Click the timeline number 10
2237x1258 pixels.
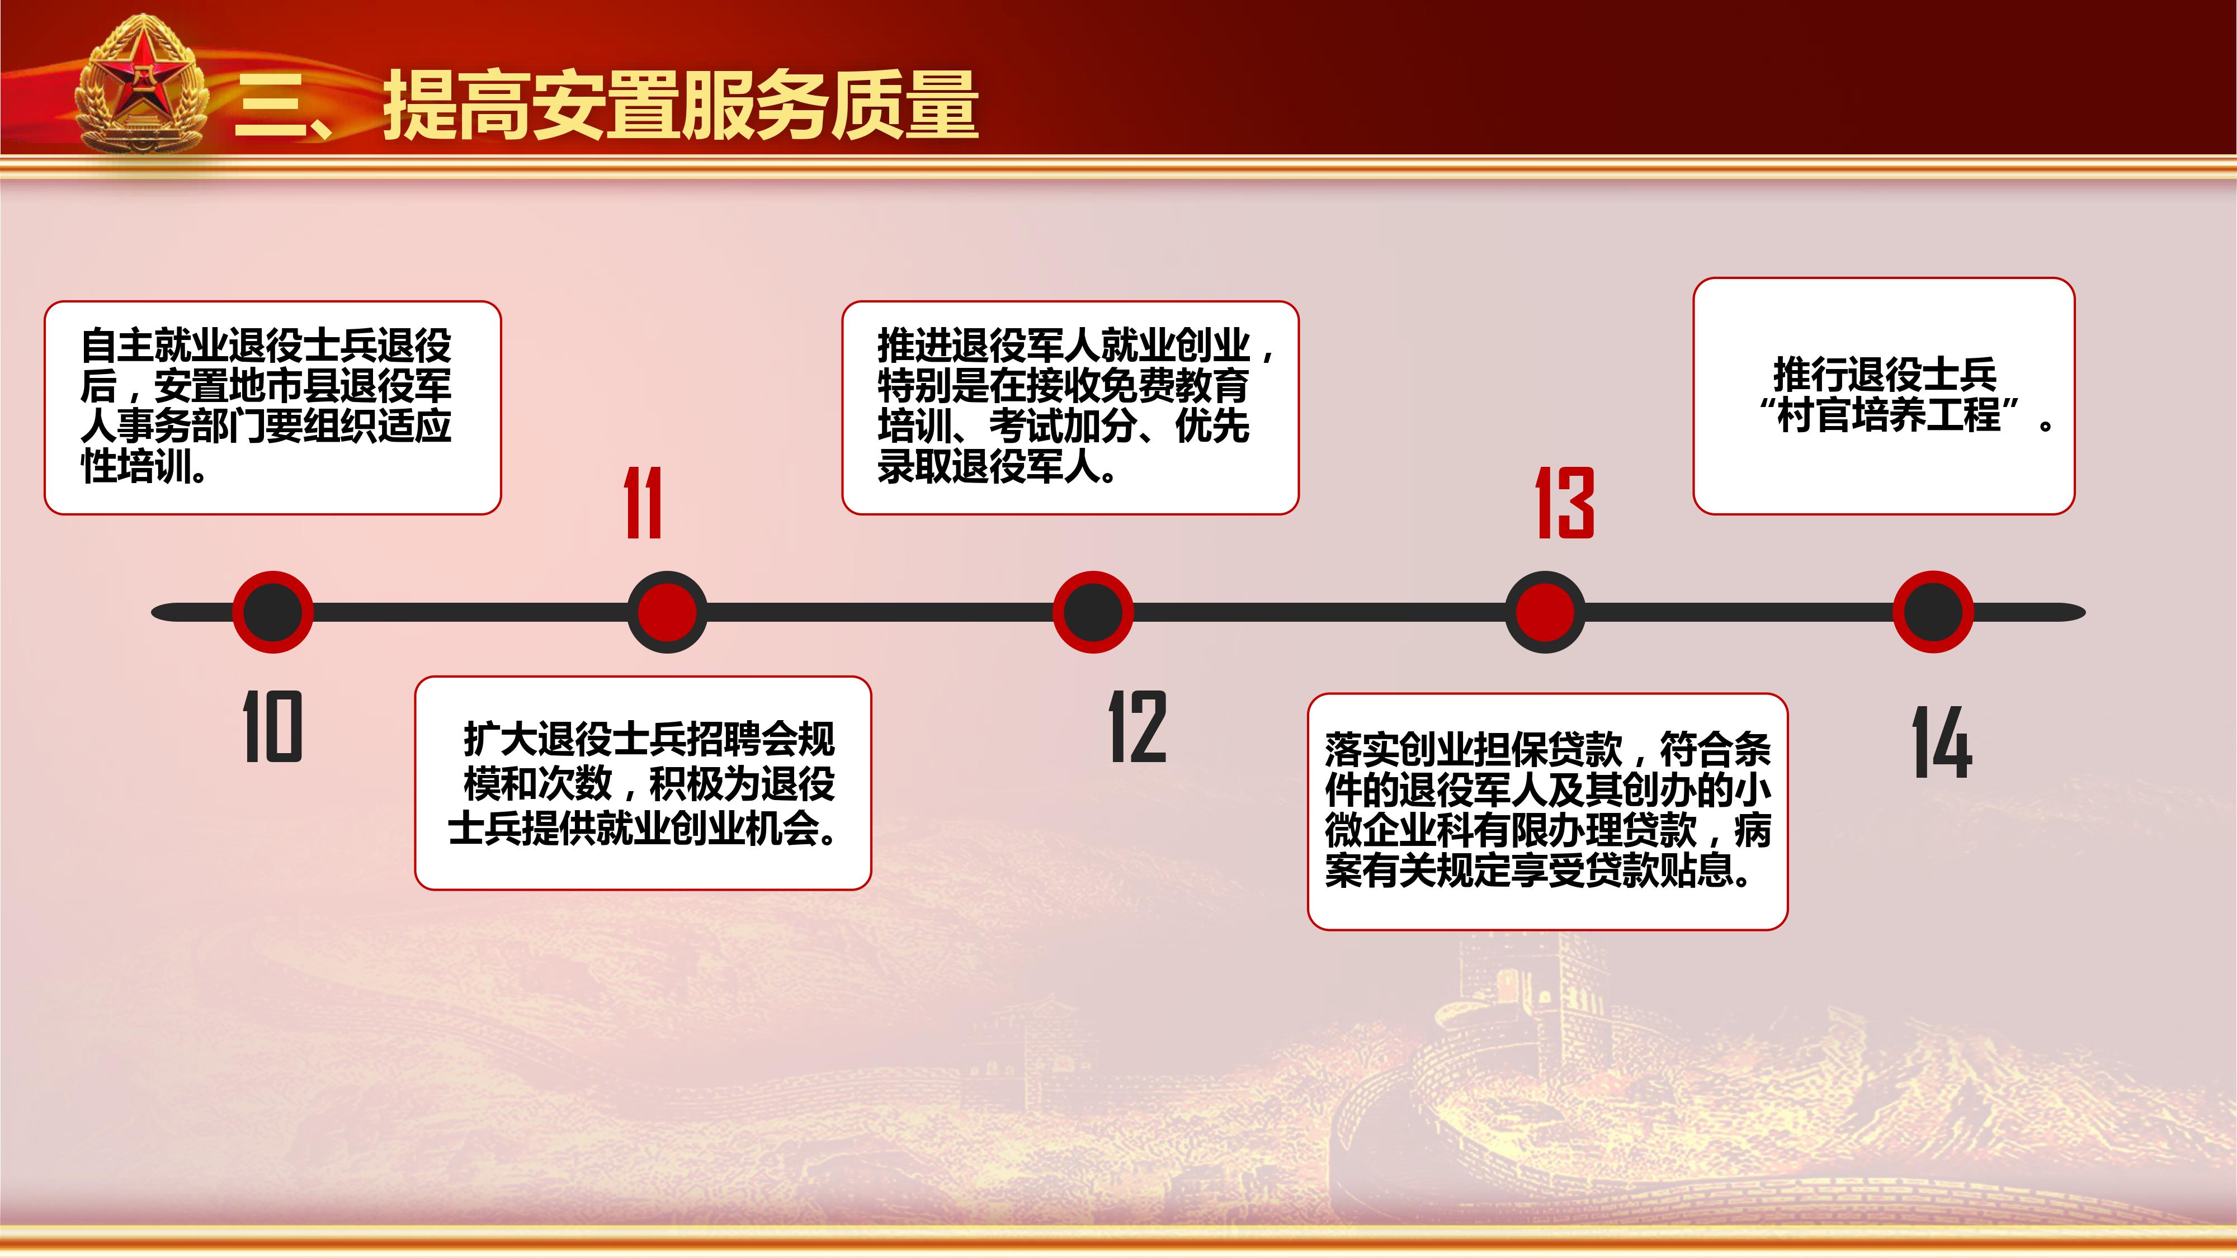[x=272, y=727]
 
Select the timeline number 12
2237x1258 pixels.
[x=1138, y=727]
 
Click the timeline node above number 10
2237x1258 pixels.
[x=273, y=612]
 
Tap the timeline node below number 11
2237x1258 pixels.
[x=667, y=612]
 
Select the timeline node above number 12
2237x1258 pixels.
[x=1093, y=612]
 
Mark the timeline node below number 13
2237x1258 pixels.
[x=1545, y=612]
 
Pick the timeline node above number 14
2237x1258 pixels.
[x=1933, y=612]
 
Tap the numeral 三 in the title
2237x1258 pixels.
[x=273, y=106]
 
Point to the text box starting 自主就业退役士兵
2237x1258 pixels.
[x=273, y=408]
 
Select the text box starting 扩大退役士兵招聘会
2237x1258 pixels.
[x=643, y=783]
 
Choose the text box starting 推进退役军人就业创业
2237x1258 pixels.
[x=1070, y=408]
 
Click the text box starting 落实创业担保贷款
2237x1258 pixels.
[x=1547, y=812]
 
